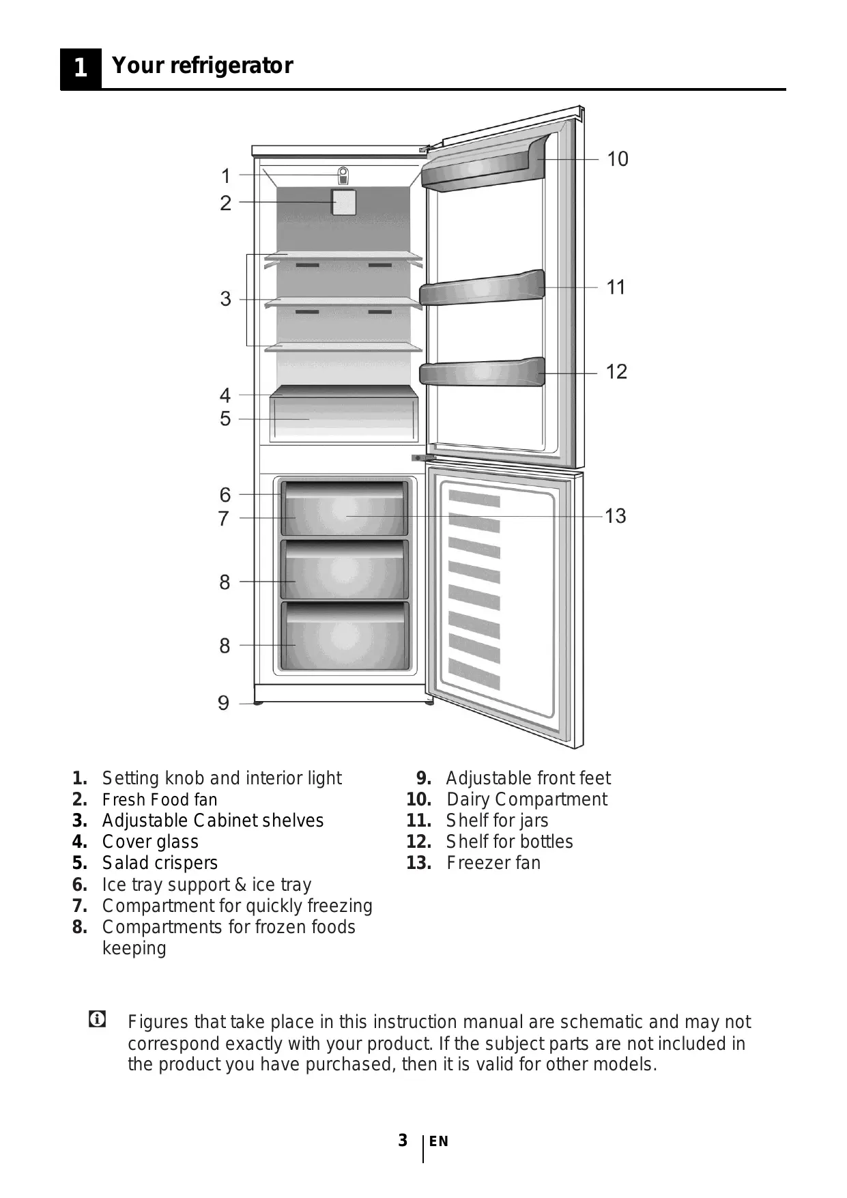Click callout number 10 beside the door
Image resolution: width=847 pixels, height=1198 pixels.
pyautogui.click(x=617, y=159)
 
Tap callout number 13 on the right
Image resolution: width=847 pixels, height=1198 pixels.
pyautogui.click(x=615, y=515)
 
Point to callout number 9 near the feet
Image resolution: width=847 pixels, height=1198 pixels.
pyautogui.click(x=223, y=702)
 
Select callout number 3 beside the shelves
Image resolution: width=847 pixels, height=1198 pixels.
pyautogui.click(x=225, y=298)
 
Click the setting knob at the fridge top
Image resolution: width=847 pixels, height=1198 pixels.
pyautogui.click(x=343, y=175)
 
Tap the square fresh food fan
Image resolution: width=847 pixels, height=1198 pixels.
pyautogui.click(x=343, y=202)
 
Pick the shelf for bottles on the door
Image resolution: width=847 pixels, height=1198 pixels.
pyautogui.click(x=482, y=373)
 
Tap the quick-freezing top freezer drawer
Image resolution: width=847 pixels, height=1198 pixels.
pyautogui.click(x=345, y=509)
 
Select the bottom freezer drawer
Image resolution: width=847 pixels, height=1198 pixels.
pyautogui.click(x=345, y=636)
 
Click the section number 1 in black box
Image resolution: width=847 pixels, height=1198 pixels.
pyautogui.click(x=81, y=67)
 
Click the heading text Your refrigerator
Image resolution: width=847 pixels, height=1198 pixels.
pyautogui.click(x=202, y=66)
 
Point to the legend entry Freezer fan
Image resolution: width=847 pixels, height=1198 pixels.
pyautogui.click(x=493, y=863)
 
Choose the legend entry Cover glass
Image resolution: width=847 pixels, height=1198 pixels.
pyautogui.click(x=150, y=842)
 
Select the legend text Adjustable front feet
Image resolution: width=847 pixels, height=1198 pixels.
pyautogui.click(x=528, y=778)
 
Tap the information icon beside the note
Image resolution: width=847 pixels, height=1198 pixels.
pyautogui.click(x=97, y=1020)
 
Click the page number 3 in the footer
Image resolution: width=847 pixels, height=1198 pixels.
pyautogui.click(x=403, y=1140)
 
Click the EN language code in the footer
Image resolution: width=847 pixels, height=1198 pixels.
pyautogui.click(x=439, y=1141)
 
